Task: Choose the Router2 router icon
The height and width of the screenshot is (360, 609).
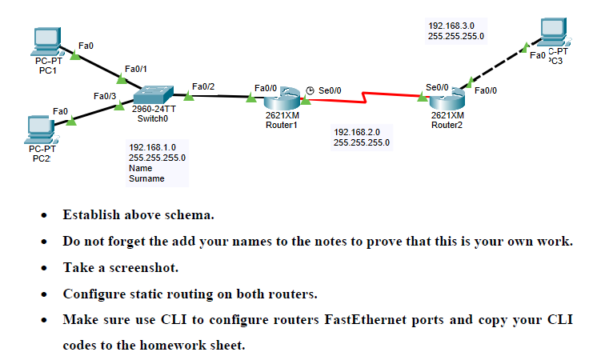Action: click(446, 99)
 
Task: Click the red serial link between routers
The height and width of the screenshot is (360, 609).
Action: click(364, 98)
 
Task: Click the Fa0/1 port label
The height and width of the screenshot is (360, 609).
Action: click(136, 70)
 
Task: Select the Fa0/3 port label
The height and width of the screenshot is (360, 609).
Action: click(105, 96)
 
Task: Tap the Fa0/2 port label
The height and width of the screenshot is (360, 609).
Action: click(204, 86)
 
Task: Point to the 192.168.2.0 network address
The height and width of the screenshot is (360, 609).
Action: click(356, 132)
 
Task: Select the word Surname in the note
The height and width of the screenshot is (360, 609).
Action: click(146, 179)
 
